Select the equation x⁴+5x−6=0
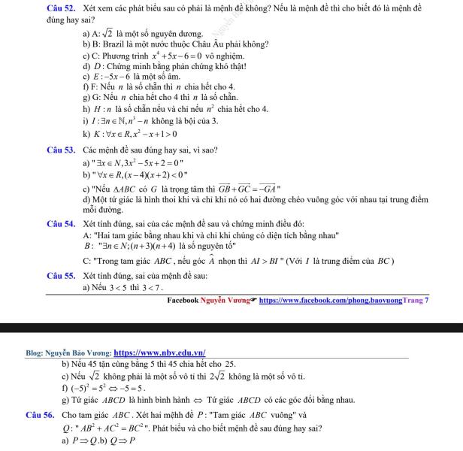coord(177,56)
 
